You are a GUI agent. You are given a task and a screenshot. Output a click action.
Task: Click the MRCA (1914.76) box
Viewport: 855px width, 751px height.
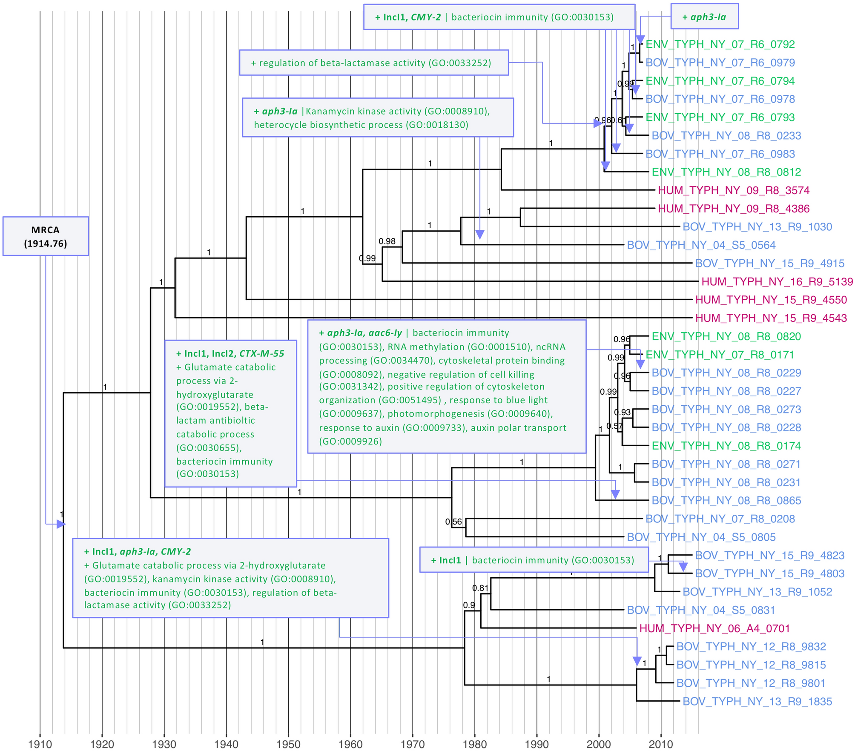click(x=46, y=236)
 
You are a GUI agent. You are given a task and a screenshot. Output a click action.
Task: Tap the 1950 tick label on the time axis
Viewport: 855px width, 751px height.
click(x=288, y=744)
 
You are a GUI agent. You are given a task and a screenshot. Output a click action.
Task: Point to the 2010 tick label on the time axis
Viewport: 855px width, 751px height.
click(x=660, y=744)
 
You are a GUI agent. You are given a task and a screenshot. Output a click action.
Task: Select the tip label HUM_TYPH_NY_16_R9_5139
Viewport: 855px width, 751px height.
click(x=777, y=282)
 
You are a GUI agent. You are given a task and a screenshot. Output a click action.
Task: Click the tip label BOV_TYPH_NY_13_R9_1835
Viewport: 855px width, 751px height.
click(x=757, y=702)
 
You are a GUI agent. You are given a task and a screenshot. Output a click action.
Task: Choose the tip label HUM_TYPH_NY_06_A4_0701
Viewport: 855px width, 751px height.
click(x=714, y=628)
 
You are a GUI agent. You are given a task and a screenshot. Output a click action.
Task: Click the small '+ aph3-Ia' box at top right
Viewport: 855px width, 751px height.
click(x=704, y=17)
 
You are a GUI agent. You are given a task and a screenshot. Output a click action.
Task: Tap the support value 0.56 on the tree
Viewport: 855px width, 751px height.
click(x=453, y=522)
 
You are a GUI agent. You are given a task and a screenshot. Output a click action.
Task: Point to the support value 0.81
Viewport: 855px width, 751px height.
click(x=480, y=588)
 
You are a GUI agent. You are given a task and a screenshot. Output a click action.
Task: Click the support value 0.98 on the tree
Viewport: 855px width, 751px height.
click(x=387, y=241)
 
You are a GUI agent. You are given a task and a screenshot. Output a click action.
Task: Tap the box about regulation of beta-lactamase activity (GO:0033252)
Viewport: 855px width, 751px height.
click(x=373, y=63)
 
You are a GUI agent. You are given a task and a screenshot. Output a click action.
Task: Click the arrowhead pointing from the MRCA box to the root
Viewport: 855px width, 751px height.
click(x=61, y=524)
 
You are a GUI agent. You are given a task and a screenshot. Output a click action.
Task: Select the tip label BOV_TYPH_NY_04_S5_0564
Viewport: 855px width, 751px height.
click(x=701, y=245)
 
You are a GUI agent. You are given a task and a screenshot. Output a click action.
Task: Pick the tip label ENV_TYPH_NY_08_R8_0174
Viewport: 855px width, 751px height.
click(x=726, y=446)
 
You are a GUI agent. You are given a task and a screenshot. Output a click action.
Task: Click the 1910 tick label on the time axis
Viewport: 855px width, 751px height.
click(x=40, y=744)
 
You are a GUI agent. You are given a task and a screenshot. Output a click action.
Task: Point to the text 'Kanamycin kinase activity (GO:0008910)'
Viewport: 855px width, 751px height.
click(x=397, y=112)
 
